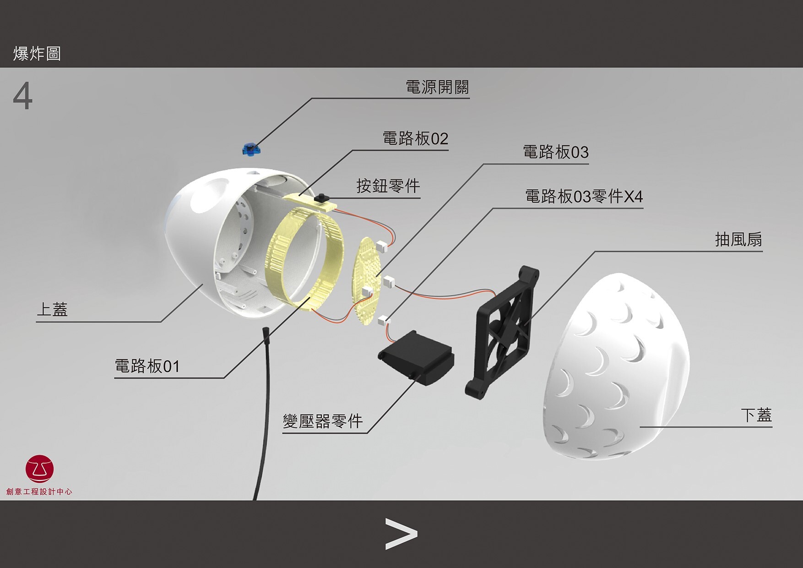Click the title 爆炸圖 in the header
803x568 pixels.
point(37,54)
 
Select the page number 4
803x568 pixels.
point(22,96)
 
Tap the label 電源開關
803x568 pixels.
point(437,87)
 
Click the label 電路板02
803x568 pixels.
point(415,138)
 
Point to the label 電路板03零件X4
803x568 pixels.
point(584,197)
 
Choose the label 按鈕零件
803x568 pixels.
point(388,186)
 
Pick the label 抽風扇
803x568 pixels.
point(738,240)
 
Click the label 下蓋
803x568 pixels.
point(756,415)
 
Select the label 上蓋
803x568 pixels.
point(52,310)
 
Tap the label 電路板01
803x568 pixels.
point(147,366)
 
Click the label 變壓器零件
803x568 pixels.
point(323,421)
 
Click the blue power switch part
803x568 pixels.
point(250,149)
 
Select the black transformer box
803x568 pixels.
point(416,357)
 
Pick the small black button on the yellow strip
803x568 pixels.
point(321,197)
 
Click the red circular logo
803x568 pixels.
point(40,469)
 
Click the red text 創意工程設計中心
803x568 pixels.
point(39,492)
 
